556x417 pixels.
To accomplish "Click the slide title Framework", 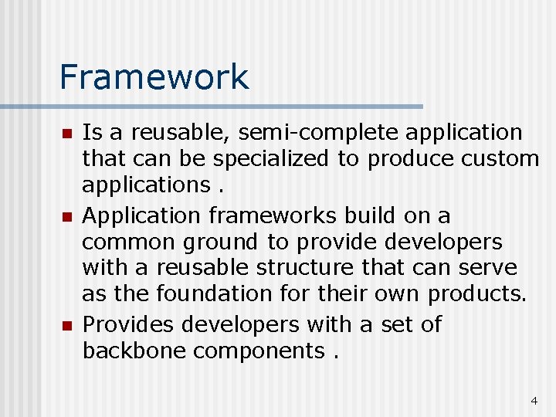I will click(154, 77).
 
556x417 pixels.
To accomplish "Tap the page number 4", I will click(534, 401).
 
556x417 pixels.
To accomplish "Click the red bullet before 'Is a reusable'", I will click(67, 134).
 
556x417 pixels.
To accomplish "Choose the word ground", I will click(222, 243).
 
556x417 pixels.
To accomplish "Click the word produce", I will click(410, 160).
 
